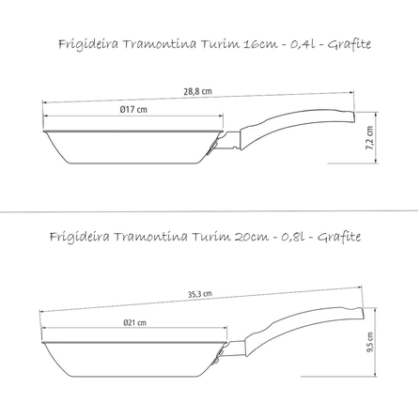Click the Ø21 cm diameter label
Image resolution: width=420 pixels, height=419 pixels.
135,323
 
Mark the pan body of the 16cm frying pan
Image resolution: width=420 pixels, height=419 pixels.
132,145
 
